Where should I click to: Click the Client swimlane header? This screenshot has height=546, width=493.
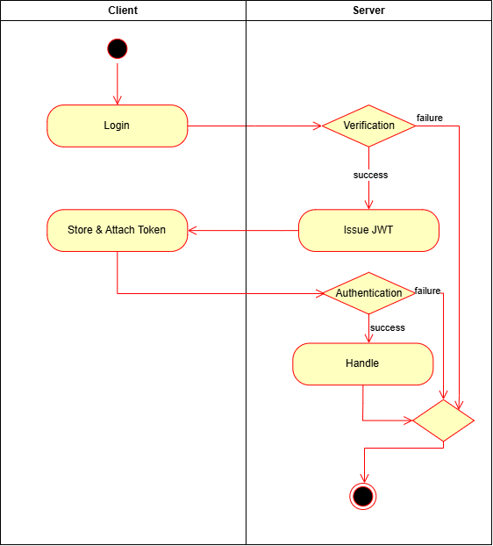click(123, 11)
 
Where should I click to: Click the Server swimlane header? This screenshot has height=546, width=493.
click(368, 11)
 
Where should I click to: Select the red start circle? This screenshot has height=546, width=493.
click(118, 48)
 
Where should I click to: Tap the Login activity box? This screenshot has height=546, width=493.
click(118, 126)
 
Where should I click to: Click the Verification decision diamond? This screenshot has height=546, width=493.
click(368, 126)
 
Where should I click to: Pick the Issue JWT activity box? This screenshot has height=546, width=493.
click(368, 231)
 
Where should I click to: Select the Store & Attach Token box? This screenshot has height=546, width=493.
click(118, 231)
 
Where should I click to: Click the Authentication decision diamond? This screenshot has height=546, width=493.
click(368, 293)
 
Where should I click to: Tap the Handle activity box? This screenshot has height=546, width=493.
click(362, 363)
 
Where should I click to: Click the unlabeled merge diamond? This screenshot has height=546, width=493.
click(443, 420)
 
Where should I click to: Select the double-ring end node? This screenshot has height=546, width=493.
click(363, 496)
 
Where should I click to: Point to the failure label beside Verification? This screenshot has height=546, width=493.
click(429, 118)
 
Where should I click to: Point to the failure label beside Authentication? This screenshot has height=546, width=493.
click(427, 291)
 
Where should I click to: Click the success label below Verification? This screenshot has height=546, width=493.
click(370, 175)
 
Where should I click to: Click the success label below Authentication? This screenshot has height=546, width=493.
click(387, 327)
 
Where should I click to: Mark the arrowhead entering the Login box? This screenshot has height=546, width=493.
click(118, 100)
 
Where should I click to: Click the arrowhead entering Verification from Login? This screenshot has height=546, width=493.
click(317, 126)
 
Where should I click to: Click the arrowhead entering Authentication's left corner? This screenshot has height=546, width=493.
click(319, 293)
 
